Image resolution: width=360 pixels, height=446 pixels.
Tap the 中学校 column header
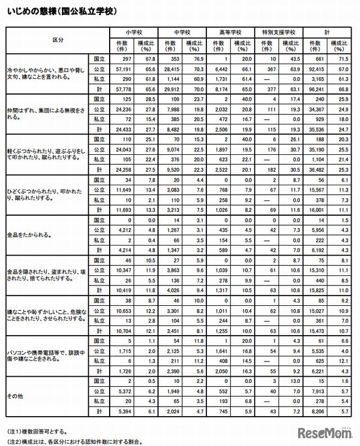coord(182,32)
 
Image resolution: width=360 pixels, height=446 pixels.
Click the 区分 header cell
coord(57,40)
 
